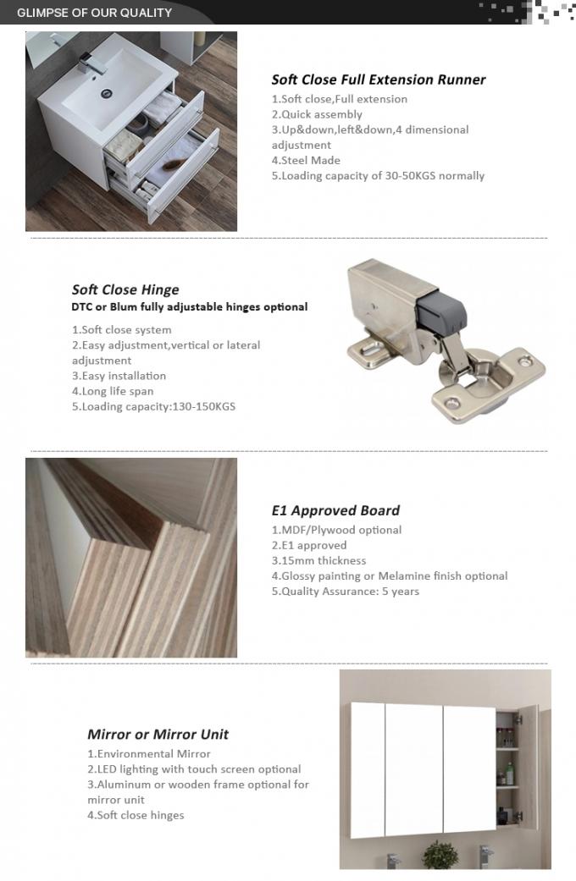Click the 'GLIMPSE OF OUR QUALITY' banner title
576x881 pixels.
point(94,13)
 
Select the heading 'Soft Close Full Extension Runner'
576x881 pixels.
point(378,80)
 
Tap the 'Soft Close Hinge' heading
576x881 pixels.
point(125,289)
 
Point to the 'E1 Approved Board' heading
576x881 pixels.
point(335,510)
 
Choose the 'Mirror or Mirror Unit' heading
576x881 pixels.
point(158,734)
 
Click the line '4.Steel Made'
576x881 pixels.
point(306,160)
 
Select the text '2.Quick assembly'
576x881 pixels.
point(317,114)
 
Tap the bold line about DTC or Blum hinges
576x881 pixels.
point(189,306)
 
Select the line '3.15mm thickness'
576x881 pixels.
point(318,560)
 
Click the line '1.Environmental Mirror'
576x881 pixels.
point(149,753)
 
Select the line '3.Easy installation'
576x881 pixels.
point(119,376)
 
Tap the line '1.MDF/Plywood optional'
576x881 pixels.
point(336,530)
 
